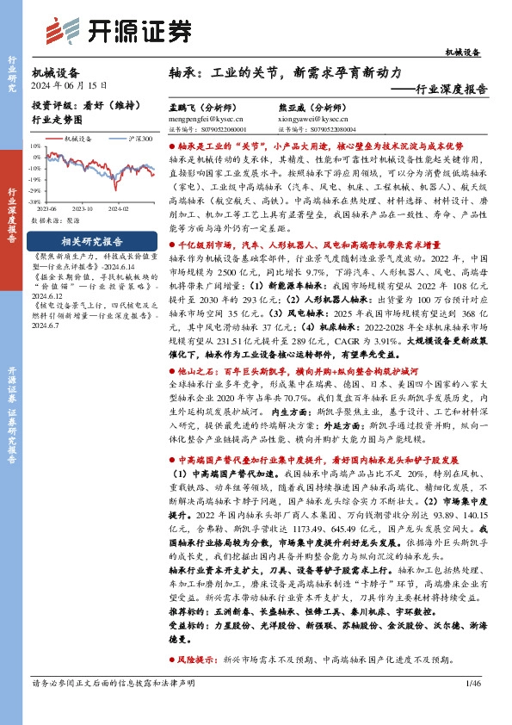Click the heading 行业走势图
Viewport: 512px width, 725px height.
pyautogui.click(x=57, y=120)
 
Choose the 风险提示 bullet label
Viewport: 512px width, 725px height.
pyautogui.click(x=195, y=660)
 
